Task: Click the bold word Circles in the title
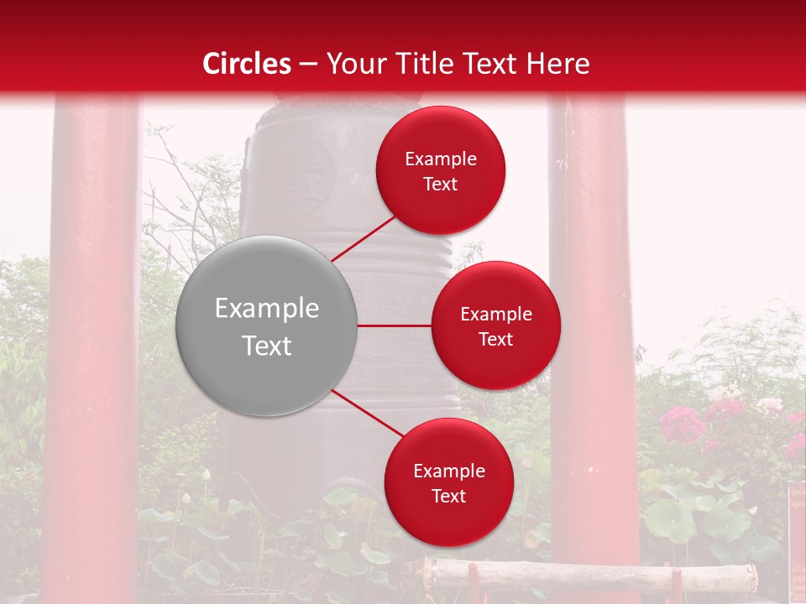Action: click(x=247, y=64)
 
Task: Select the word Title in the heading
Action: click(x=422, y=64)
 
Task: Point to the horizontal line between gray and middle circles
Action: click(x=394, y=325)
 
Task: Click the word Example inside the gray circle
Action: click(x=266, y=309)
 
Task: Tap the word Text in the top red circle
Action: click(x=440, y=184)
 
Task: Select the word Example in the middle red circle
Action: click(x=495, y=314)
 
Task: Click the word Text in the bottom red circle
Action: click(x=448, y=496)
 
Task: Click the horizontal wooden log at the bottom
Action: click(x=588, y=575)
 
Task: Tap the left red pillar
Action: click(x=92, y=352)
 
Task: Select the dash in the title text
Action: click(x=307, y=64)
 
